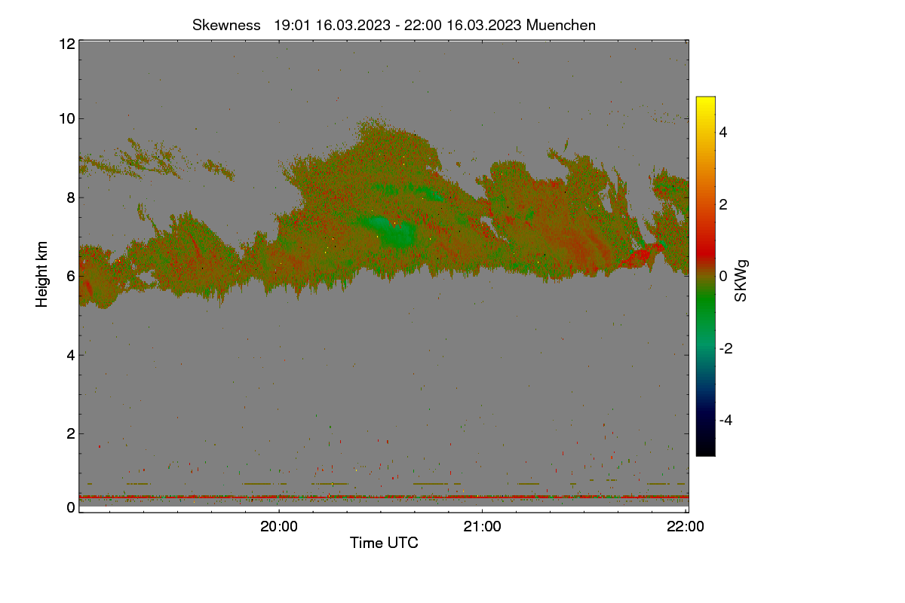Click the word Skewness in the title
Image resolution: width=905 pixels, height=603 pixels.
click(226, 26)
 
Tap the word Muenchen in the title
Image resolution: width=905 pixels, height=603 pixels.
click(561, 26)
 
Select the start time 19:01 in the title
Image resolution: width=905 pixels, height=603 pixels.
click(292, 26)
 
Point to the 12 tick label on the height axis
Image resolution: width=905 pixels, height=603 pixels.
click(67, 44)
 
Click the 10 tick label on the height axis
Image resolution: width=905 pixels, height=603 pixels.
click(67, 119)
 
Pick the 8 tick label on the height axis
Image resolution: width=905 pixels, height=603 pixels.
click(71, 197)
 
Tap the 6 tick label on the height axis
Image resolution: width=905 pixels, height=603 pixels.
click(71, 277)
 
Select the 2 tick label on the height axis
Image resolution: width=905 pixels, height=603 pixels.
click(71, 433)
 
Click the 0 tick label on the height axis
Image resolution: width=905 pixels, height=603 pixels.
click(71, 507)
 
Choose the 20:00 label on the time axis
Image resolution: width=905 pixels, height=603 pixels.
click(279, 527)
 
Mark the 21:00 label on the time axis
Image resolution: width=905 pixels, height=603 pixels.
click(482, 527)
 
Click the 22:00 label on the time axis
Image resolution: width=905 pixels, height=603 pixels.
click(686, 527)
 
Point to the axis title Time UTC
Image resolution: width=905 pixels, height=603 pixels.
click(384, 543)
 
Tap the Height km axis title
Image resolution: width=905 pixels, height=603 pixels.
click(41, 274)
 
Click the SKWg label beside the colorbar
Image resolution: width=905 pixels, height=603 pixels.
click(741, 281)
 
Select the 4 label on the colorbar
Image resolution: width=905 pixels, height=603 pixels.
click(723, 133)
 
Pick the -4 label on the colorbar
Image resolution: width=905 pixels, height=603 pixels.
click(726, 421)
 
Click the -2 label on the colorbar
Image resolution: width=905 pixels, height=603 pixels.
click(726, 348)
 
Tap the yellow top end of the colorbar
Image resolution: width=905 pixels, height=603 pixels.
click(705, 99)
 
